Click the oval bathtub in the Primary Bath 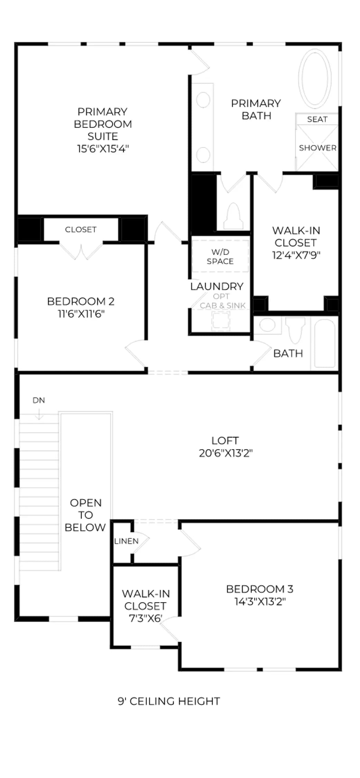[315, 78]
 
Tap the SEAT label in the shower [317, 119]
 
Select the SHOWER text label [317, 148]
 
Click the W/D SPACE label [220, 257]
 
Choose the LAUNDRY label [217, 286]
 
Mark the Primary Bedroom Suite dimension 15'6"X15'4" [103, 149]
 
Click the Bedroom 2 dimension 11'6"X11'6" [81, 314]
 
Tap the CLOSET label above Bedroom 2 [81, 230]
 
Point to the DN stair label [39, 400]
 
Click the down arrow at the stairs [39, 414]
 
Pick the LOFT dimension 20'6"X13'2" [225, 453]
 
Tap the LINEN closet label [126, 541]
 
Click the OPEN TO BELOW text [85, 515]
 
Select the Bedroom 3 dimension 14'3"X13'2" [260, 602]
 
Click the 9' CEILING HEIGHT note [169, 701]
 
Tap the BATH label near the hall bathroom [288, 353]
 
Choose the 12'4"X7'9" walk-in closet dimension [296, 255]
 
